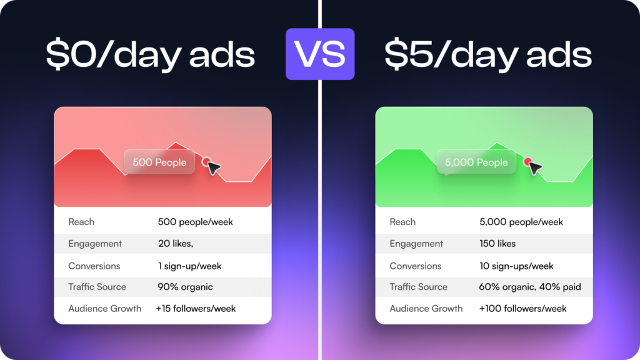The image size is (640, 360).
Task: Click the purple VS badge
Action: pyautogui.click(x=320, y=54)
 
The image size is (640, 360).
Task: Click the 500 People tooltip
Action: pyautogui.click(x=159, y=162)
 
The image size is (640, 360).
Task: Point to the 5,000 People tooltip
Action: pyautogui.click(x=476, y=162)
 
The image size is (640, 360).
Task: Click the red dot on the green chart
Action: pyautogui.click(x=527, y=161)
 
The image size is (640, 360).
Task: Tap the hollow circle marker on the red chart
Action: pyautogui.click(x=206, y=162)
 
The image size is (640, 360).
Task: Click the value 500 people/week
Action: pyautogui.click(x=196, y=222)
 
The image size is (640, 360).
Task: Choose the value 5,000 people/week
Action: pyautogui.click(x=521, y=222)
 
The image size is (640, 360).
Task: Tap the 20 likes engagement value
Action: pyautogui.click(x=176, y=243)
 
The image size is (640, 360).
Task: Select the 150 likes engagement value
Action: pyautogui.click(x=497, y=243)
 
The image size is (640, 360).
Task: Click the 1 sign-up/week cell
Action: pyautogui.click(x=190, y=266)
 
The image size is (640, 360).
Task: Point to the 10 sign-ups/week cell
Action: pyautogui.click(x=516, y=266)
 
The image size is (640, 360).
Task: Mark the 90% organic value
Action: pyautogui.click(x=185, y=287)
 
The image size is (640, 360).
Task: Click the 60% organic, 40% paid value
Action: pyautogui.click(x=530, y=287)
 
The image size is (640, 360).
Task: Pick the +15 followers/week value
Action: pyautogui.click(x=196, y=309)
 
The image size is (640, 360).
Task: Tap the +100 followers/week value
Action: pyautogui.click(x=523, y=309)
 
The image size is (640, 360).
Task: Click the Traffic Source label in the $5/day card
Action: pyautogui.click(x=418, y=287)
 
